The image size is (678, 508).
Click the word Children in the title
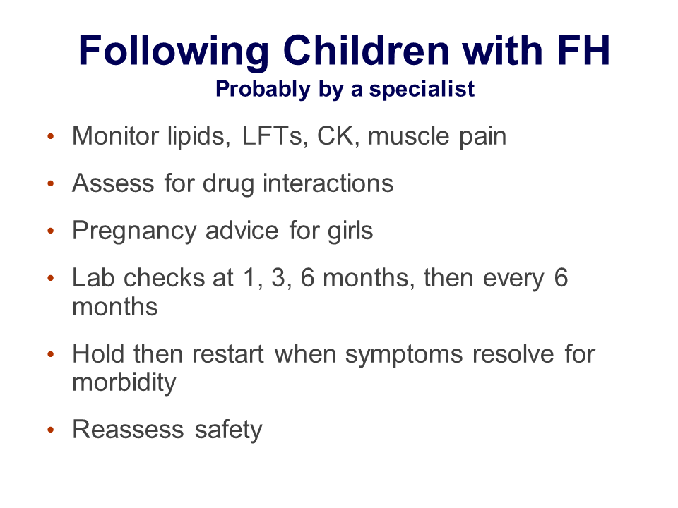pos(367,50)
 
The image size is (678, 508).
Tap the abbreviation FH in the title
pos(584,50)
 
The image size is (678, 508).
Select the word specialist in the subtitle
pos(422,90)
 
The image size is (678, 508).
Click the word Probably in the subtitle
pos(263,90)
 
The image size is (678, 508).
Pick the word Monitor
pos(115,135)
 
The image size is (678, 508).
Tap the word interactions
pos(328,183)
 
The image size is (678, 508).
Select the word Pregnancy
pos(134,231)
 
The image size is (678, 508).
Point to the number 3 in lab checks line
pos(278,277)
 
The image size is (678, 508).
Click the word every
pos(513,279)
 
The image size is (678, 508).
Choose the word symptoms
pos(404,355)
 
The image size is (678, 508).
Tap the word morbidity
pos(124,383)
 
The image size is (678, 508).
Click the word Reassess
pos(129,430)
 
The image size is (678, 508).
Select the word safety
pos(228,430)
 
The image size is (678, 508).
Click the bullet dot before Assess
pos(51,183)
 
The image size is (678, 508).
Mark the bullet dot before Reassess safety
pos(51,430)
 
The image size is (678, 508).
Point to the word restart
pos(228,354)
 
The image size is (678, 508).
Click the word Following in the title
pos(174,51)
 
